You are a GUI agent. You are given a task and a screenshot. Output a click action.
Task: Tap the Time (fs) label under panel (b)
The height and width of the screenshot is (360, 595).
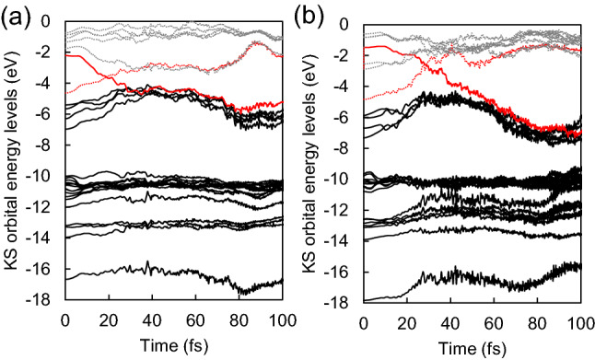472,346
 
